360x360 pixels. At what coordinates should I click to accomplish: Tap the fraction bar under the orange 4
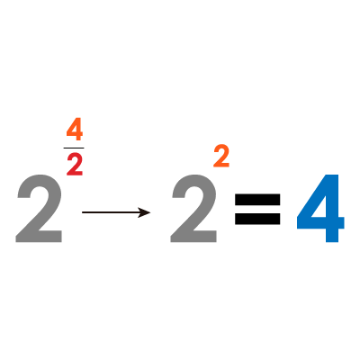(74, 148)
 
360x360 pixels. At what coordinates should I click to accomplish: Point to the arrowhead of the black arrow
(145, 212)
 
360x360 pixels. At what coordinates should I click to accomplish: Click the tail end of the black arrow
(83, 212)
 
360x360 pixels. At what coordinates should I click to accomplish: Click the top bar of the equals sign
(257, 199)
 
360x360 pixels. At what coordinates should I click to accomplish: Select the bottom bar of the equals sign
(257, 219)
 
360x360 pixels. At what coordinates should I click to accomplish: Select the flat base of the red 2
(75, 174)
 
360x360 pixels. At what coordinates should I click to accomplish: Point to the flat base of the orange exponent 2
(221, 165)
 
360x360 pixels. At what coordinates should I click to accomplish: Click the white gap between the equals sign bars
(257, 209)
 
